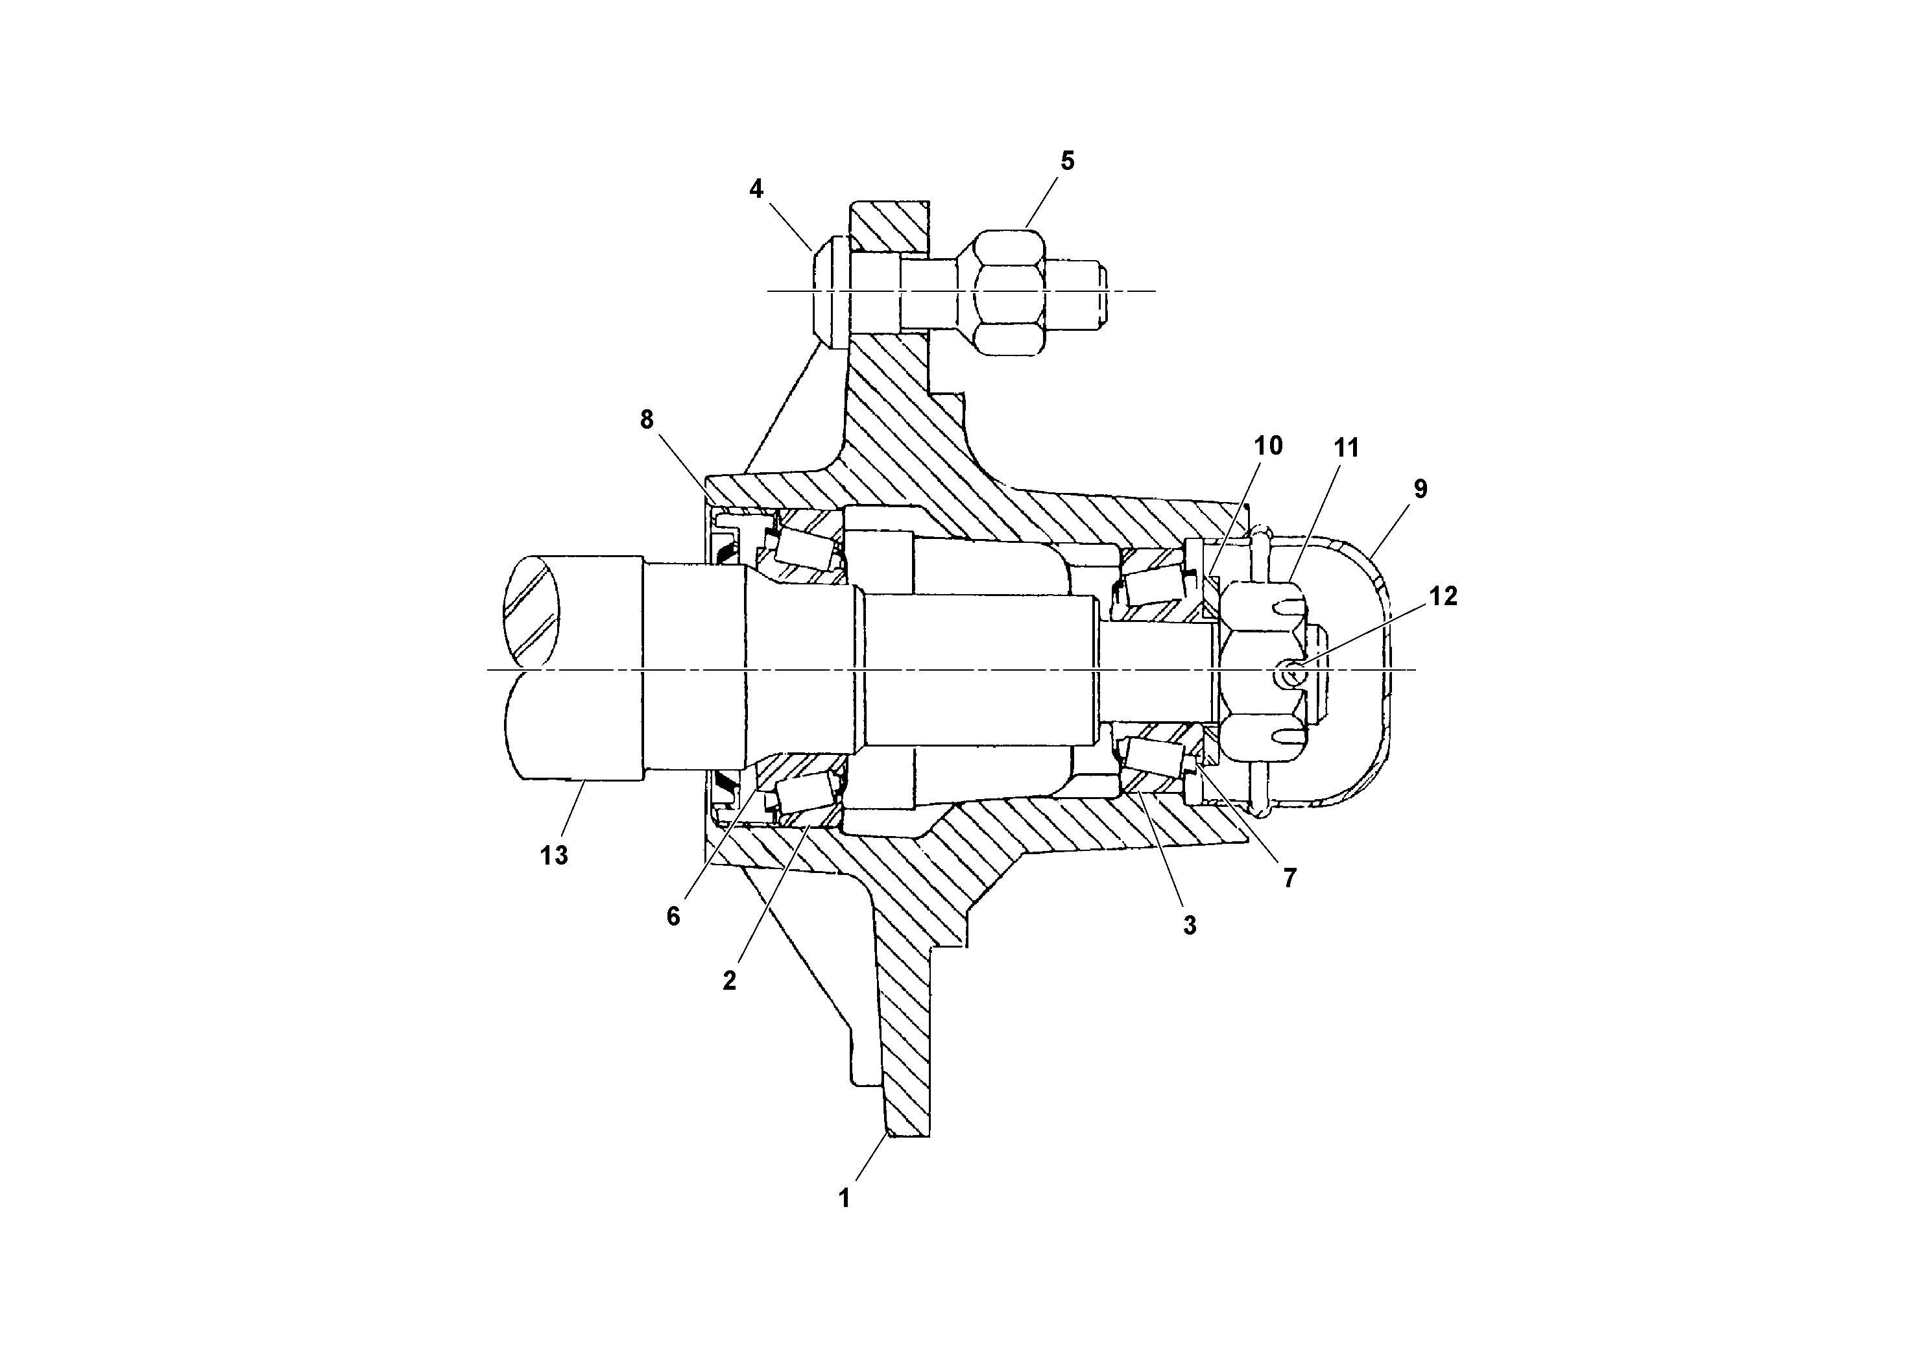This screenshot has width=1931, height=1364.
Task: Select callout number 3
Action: pos(1189,926)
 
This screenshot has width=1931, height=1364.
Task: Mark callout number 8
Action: pos(646,420)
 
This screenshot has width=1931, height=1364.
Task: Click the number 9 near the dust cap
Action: pos(1421,488)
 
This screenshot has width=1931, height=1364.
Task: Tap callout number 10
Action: pos(1268,446)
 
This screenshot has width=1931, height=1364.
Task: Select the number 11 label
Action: pos(1347,448)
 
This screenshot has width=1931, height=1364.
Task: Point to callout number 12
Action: pos(1443,596)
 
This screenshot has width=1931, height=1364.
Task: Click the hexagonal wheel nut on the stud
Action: pos(1007,291)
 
